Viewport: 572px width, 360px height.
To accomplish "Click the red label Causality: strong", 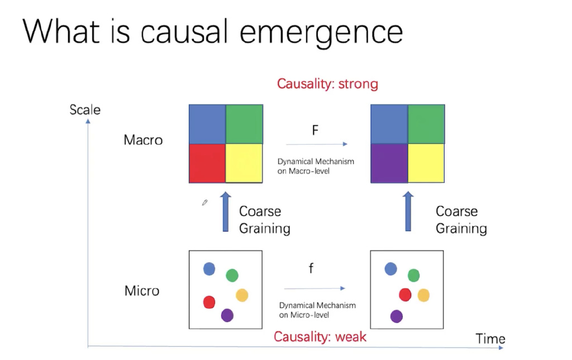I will pyautogui.click(x=327, y=84).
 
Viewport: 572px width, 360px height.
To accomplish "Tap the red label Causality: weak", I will pyautogui.click(x=320, y=337).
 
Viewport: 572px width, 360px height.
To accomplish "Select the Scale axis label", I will pyautogui.click(x=85, y=109).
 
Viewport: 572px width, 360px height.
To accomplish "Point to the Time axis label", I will pyautogui.click(x=490, y=339).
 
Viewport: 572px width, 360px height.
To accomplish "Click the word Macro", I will pyautogui.click(x=143, y=140).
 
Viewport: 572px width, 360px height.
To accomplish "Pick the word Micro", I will pyautogui.click(x=142, y=291).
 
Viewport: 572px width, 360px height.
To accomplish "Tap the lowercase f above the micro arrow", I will pyautogui.click(x=311, y=269).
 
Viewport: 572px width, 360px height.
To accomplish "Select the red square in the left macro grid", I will pyautogui.click(x=207, y=163).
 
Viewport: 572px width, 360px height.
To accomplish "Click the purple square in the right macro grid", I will pyautogui.click(x=389, y=163).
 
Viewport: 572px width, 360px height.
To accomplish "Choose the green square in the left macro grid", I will pyautogui.click(x=244, y=124).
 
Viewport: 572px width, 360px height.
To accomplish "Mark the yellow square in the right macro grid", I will pyautogui.click(x=426, y=163).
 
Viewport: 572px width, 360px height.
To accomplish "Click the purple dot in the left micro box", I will pyautogui.click(x=227, y=315).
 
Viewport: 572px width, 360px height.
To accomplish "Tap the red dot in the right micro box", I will pyautogui.click(x=405, y=295).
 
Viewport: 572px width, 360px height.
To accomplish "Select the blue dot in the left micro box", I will pyautogui.click(x=209, y=269).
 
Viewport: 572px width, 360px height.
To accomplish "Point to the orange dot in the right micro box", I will pyautogui.click(x=423, y=295).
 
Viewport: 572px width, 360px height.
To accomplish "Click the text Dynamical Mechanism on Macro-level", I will pyautogui.click(x=316, y=166).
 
